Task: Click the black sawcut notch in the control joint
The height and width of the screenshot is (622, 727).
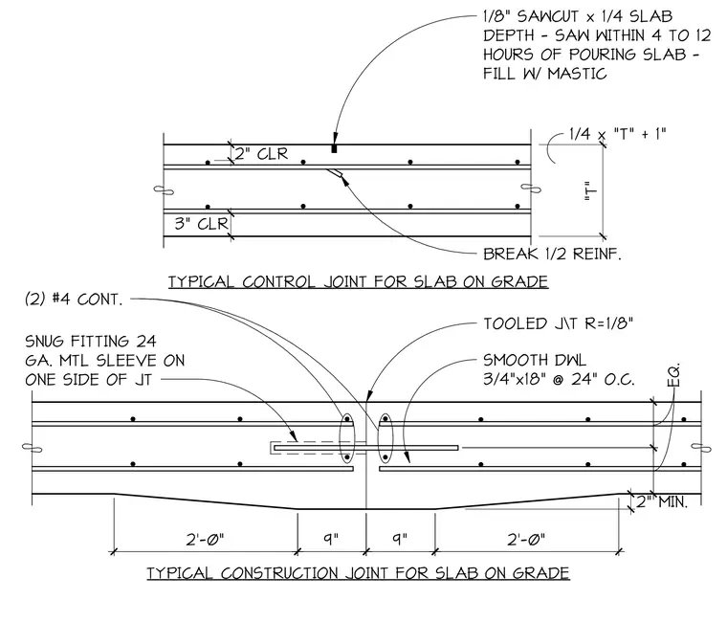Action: point(334,149)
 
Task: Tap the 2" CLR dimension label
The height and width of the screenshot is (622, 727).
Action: point(261,153)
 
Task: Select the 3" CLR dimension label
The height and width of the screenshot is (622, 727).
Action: point(201,224)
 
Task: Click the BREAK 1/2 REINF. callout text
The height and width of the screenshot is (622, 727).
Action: point(552,254)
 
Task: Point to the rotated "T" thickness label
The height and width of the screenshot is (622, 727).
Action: point(591,190)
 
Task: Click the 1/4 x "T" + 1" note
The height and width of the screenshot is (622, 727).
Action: point(618,134)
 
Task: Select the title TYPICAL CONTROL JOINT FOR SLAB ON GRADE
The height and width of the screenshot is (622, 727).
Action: point(358,281)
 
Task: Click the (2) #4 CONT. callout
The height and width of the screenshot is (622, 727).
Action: point(74,300)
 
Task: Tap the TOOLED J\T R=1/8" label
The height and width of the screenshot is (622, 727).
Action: point(559,323)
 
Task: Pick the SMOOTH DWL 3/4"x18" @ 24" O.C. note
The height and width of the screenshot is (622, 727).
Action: point(559,369)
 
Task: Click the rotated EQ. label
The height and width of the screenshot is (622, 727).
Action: point(673,375)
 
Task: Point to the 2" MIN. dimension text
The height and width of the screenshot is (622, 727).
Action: point(662,501)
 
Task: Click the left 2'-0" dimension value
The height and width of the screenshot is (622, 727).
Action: point(205,540)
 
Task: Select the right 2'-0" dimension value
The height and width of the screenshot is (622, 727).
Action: point(526,540)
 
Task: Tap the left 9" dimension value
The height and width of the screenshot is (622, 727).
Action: point(331,539)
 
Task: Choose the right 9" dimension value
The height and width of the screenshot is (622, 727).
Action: point(400,539)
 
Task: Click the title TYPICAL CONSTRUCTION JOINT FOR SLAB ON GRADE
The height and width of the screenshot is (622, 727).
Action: point(358,573)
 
